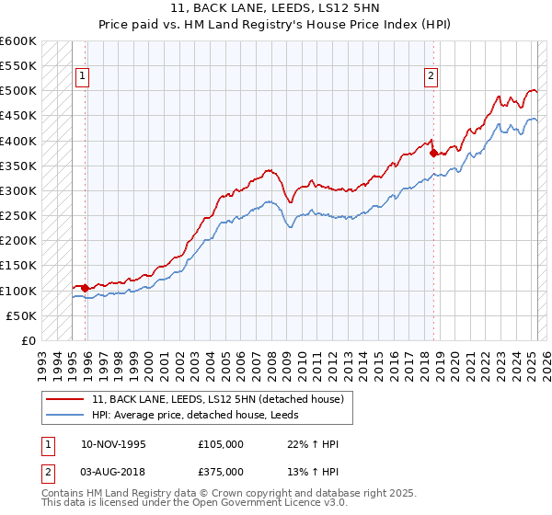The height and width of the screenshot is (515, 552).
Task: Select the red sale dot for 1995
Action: (x=86, y=288)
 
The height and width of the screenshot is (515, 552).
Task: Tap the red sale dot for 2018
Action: (x=433, y=154)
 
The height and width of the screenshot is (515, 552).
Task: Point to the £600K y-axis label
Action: (x=18, y=41)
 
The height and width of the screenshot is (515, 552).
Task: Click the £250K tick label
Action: (x=18, y=216)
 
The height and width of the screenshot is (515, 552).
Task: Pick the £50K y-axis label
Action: (x=22, y=315)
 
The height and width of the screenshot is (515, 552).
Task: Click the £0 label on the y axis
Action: (x=29, y=341)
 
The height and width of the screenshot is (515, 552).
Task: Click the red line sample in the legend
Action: (x=65, y=399)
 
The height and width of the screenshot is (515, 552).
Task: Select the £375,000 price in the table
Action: (x=221, y=472)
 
